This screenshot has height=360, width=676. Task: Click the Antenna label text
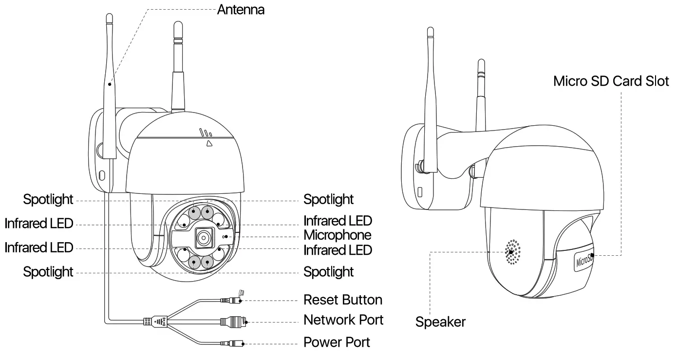tap(241, 9)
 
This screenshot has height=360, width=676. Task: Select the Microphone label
tap(337, 235)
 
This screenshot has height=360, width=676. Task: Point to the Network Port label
tap(343, 320)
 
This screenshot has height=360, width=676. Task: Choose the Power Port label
tap(337, 342)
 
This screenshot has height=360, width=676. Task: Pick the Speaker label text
tap(440, 322)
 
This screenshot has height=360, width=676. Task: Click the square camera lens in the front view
tap(204, 237)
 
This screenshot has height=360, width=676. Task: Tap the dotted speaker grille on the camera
tap(511, 252)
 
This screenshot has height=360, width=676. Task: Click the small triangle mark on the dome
tap(208, 143)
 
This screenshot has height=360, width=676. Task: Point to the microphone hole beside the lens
tap(224, 236)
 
